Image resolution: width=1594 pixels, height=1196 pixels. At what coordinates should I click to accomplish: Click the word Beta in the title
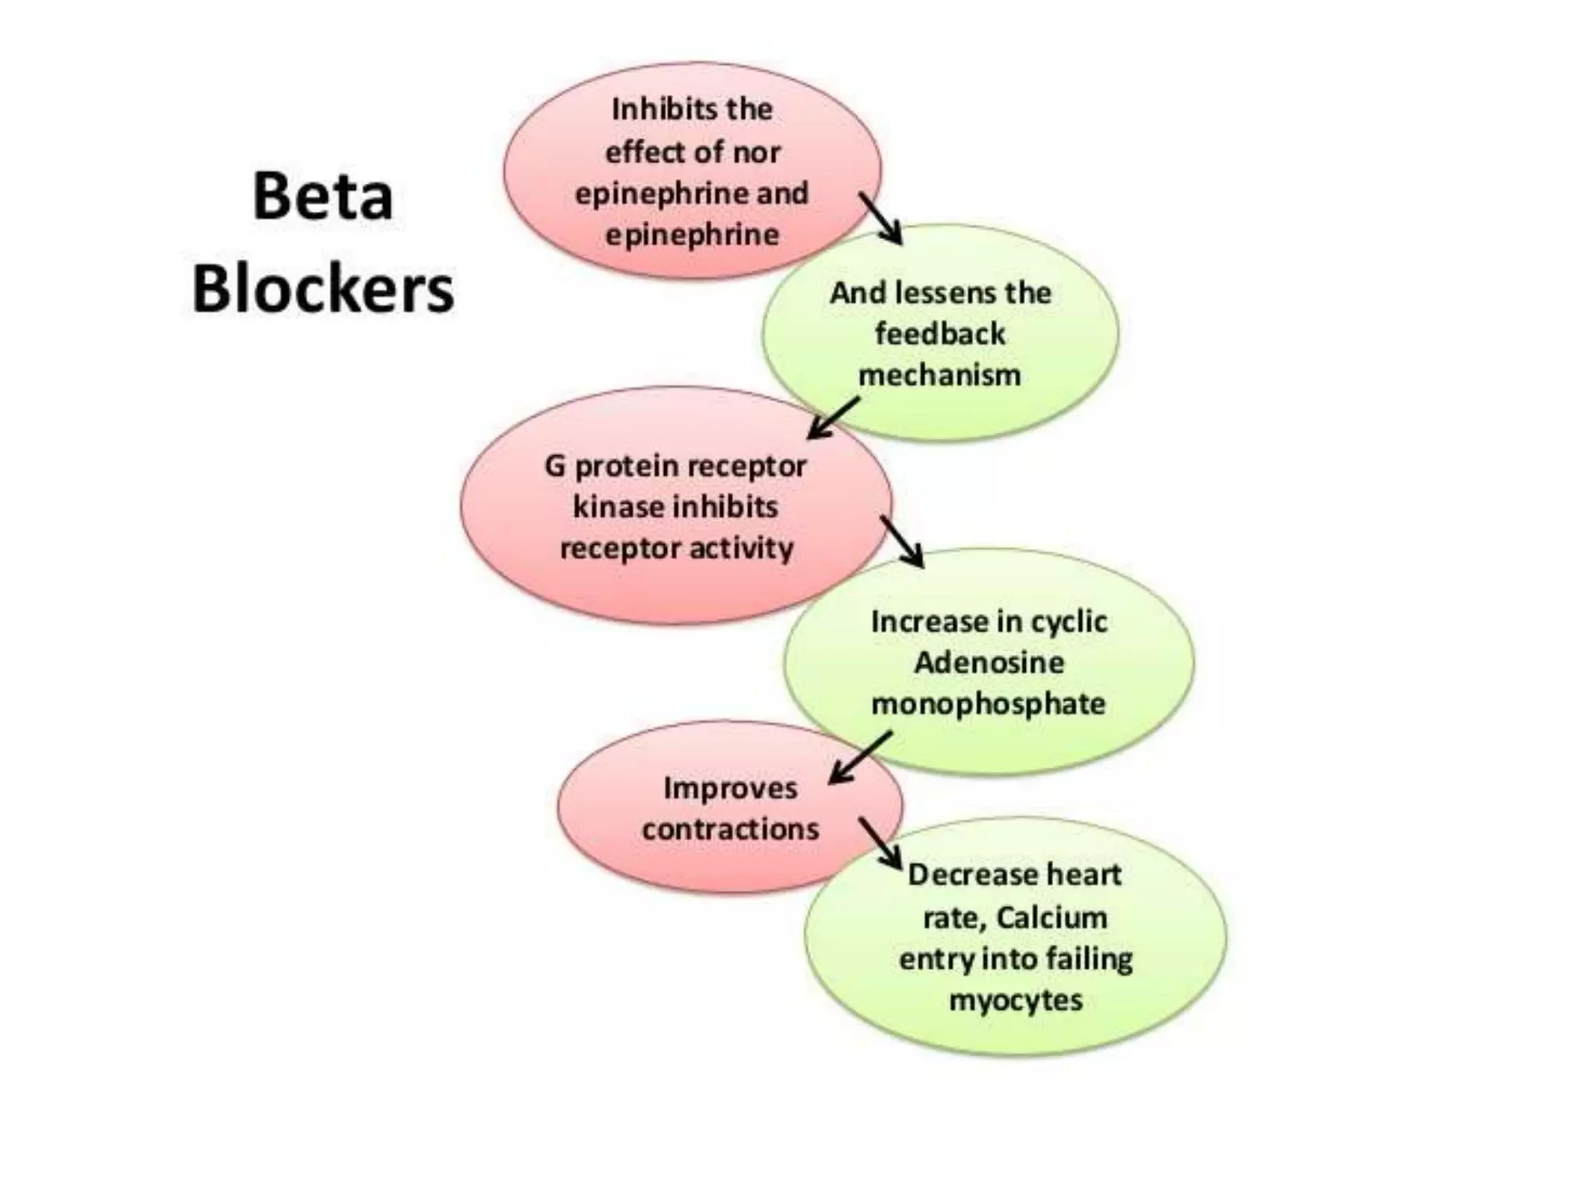tap(322, 196)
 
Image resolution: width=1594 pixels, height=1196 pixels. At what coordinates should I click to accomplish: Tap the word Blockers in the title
tap(323, 290)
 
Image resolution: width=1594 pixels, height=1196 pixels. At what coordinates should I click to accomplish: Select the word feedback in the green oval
tap(940, 334)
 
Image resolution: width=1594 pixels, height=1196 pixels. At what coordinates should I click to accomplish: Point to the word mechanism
tap(939, 375)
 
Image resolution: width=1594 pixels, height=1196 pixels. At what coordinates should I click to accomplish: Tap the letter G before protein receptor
tap(554, 466)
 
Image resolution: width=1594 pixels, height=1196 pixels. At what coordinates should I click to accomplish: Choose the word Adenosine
tap(988, 663)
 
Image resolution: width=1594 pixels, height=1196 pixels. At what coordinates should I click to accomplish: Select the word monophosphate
tap(988, 704)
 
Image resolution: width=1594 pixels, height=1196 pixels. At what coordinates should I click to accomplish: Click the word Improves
tap(730, 788)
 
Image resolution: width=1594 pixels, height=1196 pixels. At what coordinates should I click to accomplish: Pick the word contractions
tap(730, 829)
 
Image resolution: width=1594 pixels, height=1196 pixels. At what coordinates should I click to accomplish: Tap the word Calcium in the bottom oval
tap(1051, 918)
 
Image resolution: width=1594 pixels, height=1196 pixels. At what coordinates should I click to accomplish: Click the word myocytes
tap(1016, 1001)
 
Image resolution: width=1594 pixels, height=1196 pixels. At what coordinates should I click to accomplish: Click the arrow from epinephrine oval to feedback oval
tap(881, 219)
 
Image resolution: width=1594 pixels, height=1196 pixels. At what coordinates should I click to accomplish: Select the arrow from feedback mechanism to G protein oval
tap(833, 419)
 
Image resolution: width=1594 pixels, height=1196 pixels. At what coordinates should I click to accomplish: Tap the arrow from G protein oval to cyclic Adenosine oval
tap(902, 542)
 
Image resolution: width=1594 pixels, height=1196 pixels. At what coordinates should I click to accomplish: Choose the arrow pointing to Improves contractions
tap(859, 758)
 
